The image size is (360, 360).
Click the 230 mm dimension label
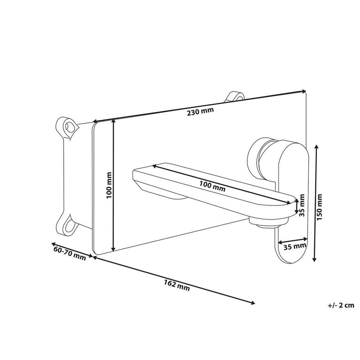click(x=200, y=112)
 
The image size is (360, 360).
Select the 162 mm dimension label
click(x=177, y=285)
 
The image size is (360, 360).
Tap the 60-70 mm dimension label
click(x=70, y=253)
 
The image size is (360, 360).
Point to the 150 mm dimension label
click(x=319, y=207)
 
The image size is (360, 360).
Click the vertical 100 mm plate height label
click(x=109, y=185)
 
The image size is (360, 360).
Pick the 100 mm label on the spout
click(x=212, y=186)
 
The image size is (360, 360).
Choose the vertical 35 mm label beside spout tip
click(x=302, y=205)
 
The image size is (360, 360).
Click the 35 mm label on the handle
click(x=295, y=247)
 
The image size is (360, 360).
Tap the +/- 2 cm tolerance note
click(x=341, y=305)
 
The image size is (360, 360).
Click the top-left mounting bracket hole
click(x=70, y=127)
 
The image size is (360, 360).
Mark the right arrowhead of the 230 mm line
click(x=304, y=92)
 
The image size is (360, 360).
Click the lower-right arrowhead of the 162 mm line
click(x=252, y=303)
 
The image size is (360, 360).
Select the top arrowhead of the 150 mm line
click(x=317, y=147)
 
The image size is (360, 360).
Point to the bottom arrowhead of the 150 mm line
click(x=315, y=259)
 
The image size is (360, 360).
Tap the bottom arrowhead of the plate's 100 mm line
click(x=113, y=249)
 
